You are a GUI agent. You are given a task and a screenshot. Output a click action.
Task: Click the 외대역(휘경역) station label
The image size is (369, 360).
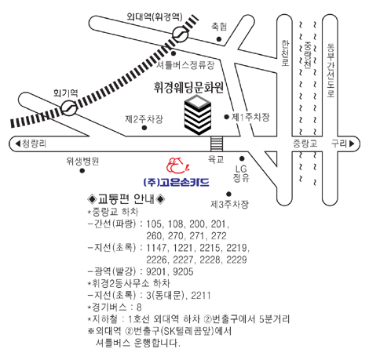(x=155, y=17)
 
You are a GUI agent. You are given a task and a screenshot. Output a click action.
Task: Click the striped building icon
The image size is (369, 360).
(x=198, y=115)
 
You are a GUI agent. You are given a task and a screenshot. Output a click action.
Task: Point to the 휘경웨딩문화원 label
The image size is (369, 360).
(x=188, y=88)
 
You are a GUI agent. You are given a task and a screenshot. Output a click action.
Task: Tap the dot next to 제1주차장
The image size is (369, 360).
(x=227, y=117)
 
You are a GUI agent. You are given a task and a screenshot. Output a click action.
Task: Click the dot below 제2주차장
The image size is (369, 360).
(x=144, y=128)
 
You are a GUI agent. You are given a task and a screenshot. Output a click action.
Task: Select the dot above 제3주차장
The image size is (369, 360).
(x=228, y=194)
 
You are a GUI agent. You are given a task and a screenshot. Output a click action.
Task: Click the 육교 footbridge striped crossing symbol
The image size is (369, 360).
(x=217, y=144)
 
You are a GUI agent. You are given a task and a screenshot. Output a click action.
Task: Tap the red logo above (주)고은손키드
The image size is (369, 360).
(x=178, y=165)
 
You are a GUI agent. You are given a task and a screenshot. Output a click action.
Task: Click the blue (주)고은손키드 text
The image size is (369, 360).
(x=177, y=182)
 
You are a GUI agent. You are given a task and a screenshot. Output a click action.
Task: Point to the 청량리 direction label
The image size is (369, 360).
(x=31, y=144)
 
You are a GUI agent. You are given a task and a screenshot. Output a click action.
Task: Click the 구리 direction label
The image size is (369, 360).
(x=342, y=144)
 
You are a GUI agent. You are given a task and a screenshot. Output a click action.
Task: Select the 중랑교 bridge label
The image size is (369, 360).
(x=305, y=144)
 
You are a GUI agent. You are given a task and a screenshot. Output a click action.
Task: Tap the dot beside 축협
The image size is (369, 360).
(x=219, y=39)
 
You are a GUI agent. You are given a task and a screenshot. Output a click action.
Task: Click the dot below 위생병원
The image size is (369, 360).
(x=82, y=171)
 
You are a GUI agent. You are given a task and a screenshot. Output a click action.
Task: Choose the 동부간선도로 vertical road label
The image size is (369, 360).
(x=331, y=70)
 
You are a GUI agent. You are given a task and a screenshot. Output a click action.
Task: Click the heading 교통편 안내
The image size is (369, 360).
(x=126, y=199)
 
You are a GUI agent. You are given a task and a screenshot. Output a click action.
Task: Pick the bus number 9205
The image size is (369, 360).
(x=183, y=271)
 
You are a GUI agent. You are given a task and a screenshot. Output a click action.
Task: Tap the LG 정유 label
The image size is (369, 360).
(x=241, y=173)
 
